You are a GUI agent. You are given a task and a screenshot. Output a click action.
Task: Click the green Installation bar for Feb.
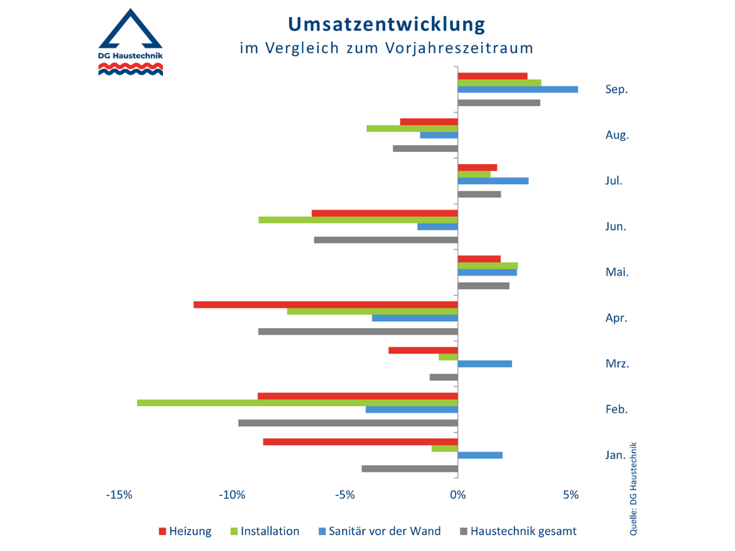(297, 403)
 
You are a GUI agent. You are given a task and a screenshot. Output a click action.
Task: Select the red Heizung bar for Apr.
(326, 304)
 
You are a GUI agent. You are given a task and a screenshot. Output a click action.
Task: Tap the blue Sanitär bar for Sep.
(518, 89)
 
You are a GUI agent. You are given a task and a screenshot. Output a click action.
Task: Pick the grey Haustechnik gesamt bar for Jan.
(410, 469)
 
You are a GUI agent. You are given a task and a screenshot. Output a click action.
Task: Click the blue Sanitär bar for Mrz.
(484, 364)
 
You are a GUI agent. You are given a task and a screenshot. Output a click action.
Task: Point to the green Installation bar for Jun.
(358, 220)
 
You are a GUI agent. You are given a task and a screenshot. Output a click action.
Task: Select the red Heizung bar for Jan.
(361, 441)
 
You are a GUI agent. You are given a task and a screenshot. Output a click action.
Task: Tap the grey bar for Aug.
(425, 148)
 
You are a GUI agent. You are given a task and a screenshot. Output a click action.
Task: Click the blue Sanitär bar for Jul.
(493, 181)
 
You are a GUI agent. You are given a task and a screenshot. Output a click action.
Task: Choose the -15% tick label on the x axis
(119, 495)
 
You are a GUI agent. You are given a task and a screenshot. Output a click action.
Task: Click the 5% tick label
(571, 495)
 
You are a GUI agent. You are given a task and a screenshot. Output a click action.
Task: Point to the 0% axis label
(458, 495)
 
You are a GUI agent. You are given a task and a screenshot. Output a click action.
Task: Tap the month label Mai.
(617, 272)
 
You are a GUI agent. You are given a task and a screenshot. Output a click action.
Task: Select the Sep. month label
(617, 89)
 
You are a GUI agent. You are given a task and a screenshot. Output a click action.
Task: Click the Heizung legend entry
(185, 531)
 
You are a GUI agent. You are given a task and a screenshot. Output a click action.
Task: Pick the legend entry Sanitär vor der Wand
(378, 531)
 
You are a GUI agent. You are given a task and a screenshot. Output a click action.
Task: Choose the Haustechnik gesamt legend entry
(517, 531)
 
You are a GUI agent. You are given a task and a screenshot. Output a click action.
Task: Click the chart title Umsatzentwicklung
(386, 24)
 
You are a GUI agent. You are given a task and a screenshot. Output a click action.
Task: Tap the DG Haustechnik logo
(130, 43)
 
